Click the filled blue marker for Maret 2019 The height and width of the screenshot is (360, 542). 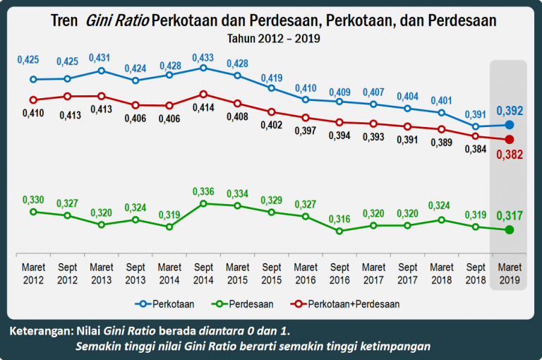click(x=510, y=125)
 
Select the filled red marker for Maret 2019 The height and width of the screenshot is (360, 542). click(x=510, y=139)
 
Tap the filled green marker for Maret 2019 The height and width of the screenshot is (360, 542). click(x=510, y=229)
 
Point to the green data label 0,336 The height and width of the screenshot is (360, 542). click(x=203, y=191)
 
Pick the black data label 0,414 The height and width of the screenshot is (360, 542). click(x=203, y=107)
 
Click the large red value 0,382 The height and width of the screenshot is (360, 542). click(x=510, y=155)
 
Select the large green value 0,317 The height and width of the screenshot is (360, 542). click(x=510, y=215)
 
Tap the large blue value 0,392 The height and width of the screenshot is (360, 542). click(x=510, y=111)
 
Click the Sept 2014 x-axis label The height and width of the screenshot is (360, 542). click(x=203, y=274)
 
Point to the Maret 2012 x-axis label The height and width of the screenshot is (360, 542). click(x=33, y=274)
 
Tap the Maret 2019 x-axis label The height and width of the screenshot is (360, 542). click(x=510, y=274)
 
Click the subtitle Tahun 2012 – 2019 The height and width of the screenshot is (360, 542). click(x=273, y=38)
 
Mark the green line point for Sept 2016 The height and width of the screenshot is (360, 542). click(x=339, y=230)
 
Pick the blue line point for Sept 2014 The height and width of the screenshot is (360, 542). click(x=203, y=68)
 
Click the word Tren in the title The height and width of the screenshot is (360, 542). click(x=65, y=20)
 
